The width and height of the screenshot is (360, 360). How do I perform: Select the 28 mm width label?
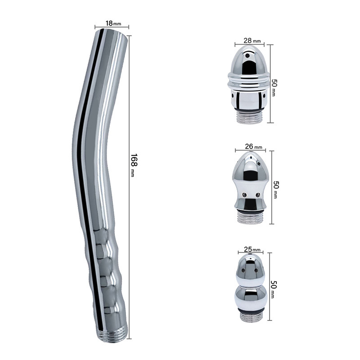tap(249, 40)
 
